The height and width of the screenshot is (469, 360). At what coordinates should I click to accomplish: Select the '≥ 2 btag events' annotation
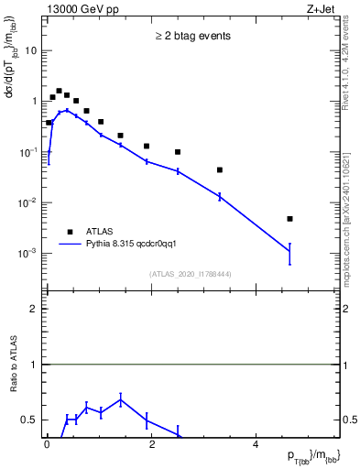pyautogui.click(x=191, y=37)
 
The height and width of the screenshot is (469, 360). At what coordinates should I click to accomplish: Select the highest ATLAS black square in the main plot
pyautogui.click(x=59, y=92)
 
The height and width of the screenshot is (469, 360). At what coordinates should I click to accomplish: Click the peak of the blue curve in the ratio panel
pyautogui.click(x=121, y=399)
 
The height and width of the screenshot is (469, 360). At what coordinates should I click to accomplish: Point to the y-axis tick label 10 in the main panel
pyautogui.click(x=31, y=51)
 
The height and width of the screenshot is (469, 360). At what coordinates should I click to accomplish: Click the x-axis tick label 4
pyautogui.click(x=256, y=443)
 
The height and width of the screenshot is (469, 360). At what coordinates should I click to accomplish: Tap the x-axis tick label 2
pyautogui.click(x=152, y=443)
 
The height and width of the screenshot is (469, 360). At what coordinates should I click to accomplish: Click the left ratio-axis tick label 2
pyautogui.click(x=34, y=309)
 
